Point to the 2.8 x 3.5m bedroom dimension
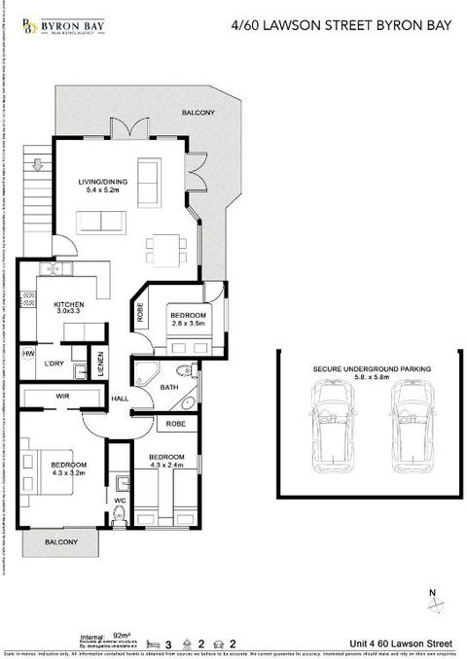point(190,326)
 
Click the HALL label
point(121,399)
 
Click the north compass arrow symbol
point(432,607)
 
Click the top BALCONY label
point(198,114)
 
